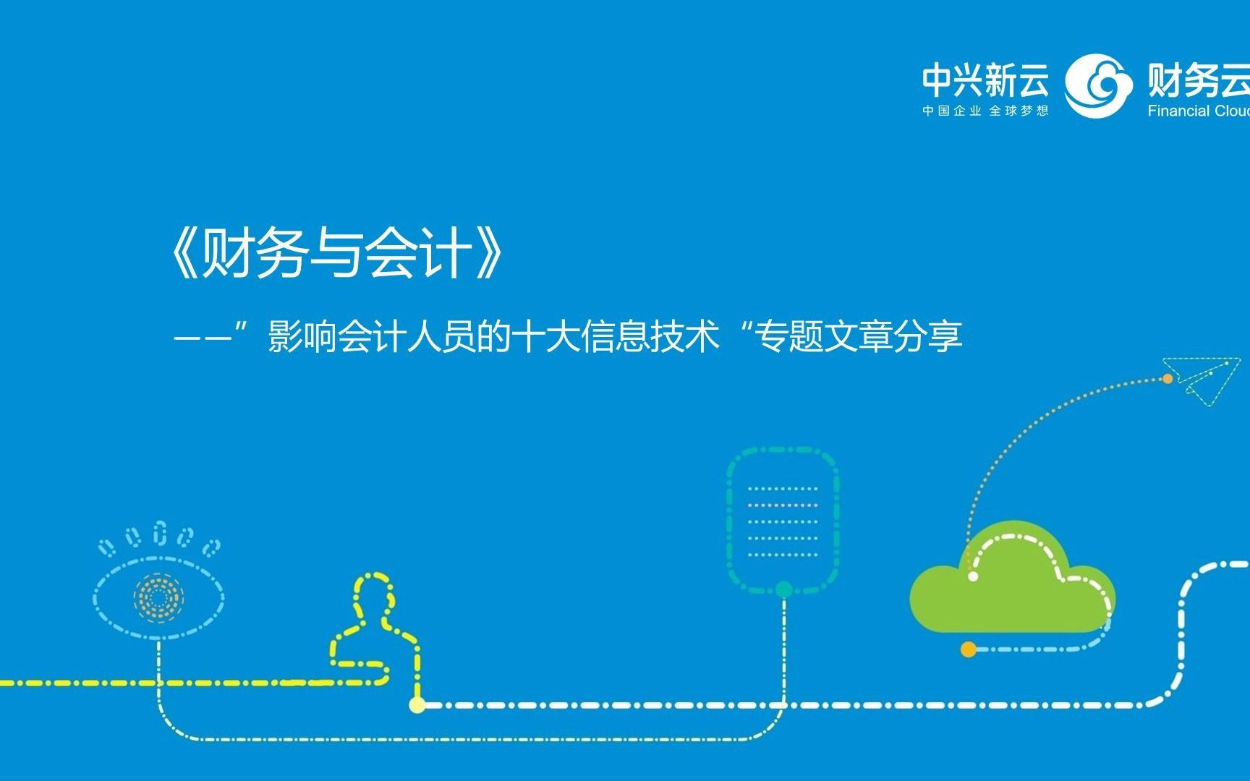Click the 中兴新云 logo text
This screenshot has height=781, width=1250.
(985, 80)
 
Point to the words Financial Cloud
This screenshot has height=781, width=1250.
(1199, 111)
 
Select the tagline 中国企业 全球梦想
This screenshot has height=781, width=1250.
(985, 111)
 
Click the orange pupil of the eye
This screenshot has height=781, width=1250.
(158, 597)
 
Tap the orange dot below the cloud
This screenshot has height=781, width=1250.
(969, 649)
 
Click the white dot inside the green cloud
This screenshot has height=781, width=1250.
(973, 576)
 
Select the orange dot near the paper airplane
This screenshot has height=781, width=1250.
(1167, 378)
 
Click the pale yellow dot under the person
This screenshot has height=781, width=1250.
(417, 704)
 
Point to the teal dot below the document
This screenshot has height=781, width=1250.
(783, 589)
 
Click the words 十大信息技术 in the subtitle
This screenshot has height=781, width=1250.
(616, 336)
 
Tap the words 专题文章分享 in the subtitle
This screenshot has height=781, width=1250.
(858, 336)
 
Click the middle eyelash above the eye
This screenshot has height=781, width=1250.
(160, 533)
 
